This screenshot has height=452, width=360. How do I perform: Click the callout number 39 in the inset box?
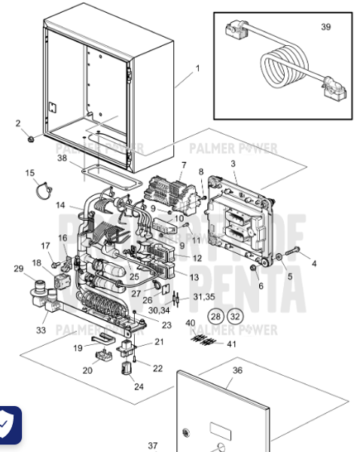pos(325,27)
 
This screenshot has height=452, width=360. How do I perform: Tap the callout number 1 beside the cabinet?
pos(197,69)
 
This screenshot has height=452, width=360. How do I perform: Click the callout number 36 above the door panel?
pos(238,370)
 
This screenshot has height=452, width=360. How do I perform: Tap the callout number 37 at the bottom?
pos(153,445)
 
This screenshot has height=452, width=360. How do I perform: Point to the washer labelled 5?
pos(280,258)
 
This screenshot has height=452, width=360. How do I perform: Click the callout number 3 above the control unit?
pos(233,163)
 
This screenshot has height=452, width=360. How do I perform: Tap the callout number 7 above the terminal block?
pos(183,164)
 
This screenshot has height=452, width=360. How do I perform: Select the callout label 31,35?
pos(204,296)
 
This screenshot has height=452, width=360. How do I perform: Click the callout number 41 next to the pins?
pos(230,344)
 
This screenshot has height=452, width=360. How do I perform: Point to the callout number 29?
pos(18,268)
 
